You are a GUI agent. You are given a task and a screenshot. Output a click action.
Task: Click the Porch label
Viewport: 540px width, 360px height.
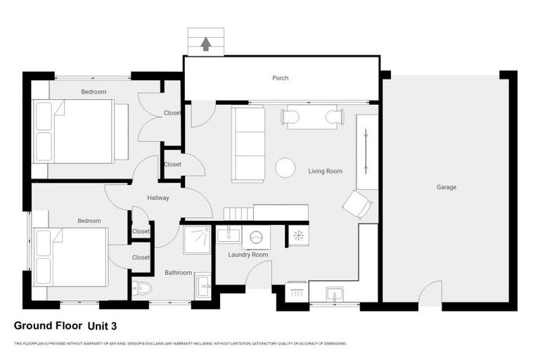point(281,78)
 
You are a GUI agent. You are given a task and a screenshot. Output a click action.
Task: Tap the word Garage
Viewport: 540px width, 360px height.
point(446,187)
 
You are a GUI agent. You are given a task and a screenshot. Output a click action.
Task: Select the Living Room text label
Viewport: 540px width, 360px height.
point(325,171)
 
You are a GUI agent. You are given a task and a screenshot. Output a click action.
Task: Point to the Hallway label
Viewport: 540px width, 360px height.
point(157,198)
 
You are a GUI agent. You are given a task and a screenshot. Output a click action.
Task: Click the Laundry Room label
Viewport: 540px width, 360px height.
point(247,255)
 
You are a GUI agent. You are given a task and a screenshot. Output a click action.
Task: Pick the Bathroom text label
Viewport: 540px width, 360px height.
point(179,272)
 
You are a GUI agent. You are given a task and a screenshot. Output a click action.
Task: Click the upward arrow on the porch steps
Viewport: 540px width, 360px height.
point(205,44)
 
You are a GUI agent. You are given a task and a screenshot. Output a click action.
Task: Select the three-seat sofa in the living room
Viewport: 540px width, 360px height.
point(247,143)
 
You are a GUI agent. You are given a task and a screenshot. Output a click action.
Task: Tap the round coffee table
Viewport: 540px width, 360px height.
point(285,167)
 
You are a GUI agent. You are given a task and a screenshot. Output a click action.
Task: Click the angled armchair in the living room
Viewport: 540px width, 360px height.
point(356,205)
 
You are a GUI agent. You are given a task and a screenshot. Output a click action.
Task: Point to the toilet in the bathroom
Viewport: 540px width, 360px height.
point(143,288)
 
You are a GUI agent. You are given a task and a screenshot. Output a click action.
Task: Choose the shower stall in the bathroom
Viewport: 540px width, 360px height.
point(197,240)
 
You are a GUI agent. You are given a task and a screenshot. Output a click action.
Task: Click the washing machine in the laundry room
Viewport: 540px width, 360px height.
point(256,237)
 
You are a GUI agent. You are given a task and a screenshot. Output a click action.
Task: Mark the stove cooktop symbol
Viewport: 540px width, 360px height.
point(297,236)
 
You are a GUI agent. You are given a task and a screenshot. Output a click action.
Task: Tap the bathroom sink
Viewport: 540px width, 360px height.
point(202,285)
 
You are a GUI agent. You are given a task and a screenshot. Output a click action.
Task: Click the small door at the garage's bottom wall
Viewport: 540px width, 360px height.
point(430,293)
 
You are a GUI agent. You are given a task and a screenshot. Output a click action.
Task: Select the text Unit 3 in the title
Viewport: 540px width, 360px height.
point(102,326)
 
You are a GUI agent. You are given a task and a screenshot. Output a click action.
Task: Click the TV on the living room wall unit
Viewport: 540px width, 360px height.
point(366,148)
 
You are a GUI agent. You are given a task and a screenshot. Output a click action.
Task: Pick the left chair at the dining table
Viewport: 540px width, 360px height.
point(290,117)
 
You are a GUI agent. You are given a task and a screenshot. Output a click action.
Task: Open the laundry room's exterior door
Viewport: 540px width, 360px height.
point(259,276)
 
